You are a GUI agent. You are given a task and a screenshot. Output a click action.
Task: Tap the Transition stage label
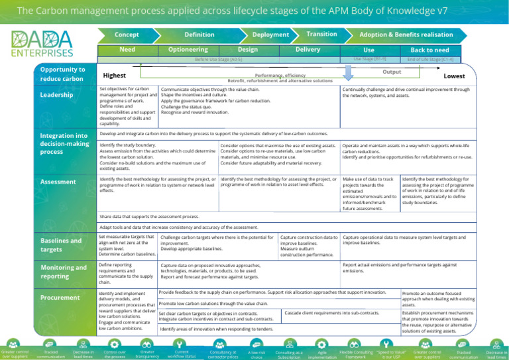point(321,34)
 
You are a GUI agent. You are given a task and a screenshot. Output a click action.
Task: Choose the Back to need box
point(429,50)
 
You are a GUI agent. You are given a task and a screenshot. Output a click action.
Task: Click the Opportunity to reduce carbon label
point(62,74)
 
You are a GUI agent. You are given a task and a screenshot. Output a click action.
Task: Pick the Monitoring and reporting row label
point(62,272)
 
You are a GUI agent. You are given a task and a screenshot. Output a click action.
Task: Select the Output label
point(392,71)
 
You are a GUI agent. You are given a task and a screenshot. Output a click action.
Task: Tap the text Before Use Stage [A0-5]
point(218,59)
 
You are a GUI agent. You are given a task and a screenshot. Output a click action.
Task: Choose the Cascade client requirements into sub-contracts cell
point(331,312)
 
